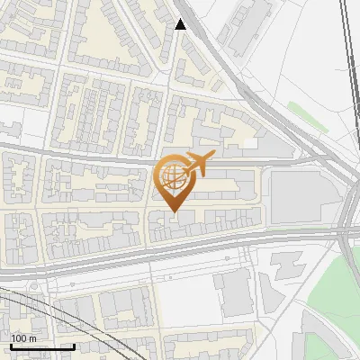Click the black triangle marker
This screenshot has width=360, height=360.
click(181, 24)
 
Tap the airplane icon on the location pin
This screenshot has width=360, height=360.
click(196, 164)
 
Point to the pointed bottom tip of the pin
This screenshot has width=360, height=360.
click(173, 212)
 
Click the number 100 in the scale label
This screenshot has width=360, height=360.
click(19, 338)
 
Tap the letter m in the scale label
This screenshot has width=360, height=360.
click(32, 338)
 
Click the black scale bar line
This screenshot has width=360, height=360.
click(41, 346)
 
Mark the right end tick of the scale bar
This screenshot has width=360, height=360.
click(73, 345)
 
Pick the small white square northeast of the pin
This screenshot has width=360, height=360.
click(244, 141)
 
